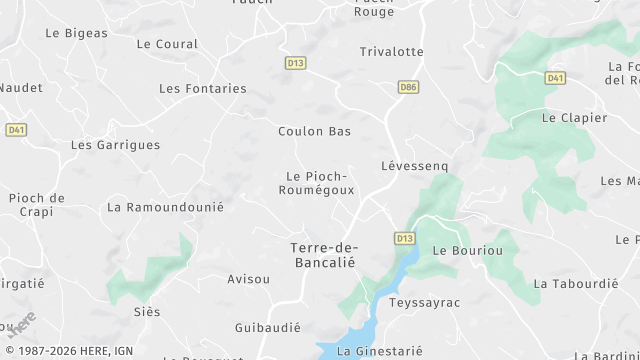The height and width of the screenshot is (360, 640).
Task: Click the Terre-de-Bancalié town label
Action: (323, 254)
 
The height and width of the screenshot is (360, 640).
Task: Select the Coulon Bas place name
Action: (314, 131)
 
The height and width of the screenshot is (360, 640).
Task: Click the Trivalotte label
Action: (392, 51)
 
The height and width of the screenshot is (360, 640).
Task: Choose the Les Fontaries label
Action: (202, 88)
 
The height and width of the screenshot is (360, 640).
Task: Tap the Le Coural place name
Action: (167, 44)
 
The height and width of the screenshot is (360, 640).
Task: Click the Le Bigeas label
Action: (76, 33)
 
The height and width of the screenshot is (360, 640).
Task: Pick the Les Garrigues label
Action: (115, 145)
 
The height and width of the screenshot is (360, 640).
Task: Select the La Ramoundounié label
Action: (165, 207)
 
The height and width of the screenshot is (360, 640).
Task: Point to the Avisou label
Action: (249, 279)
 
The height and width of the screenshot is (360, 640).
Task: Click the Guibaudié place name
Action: (268, 327)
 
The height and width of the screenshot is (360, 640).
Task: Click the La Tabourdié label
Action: (575, 283)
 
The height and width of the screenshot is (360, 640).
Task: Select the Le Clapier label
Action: (574, 118)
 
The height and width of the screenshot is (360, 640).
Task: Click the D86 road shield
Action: (408, 87)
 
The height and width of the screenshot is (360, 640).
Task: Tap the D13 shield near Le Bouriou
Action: (404, 238)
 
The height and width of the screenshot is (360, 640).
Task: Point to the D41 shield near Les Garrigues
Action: (16, 130)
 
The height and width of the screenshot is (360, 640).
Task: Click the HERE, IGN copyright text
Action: (67, 351)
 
